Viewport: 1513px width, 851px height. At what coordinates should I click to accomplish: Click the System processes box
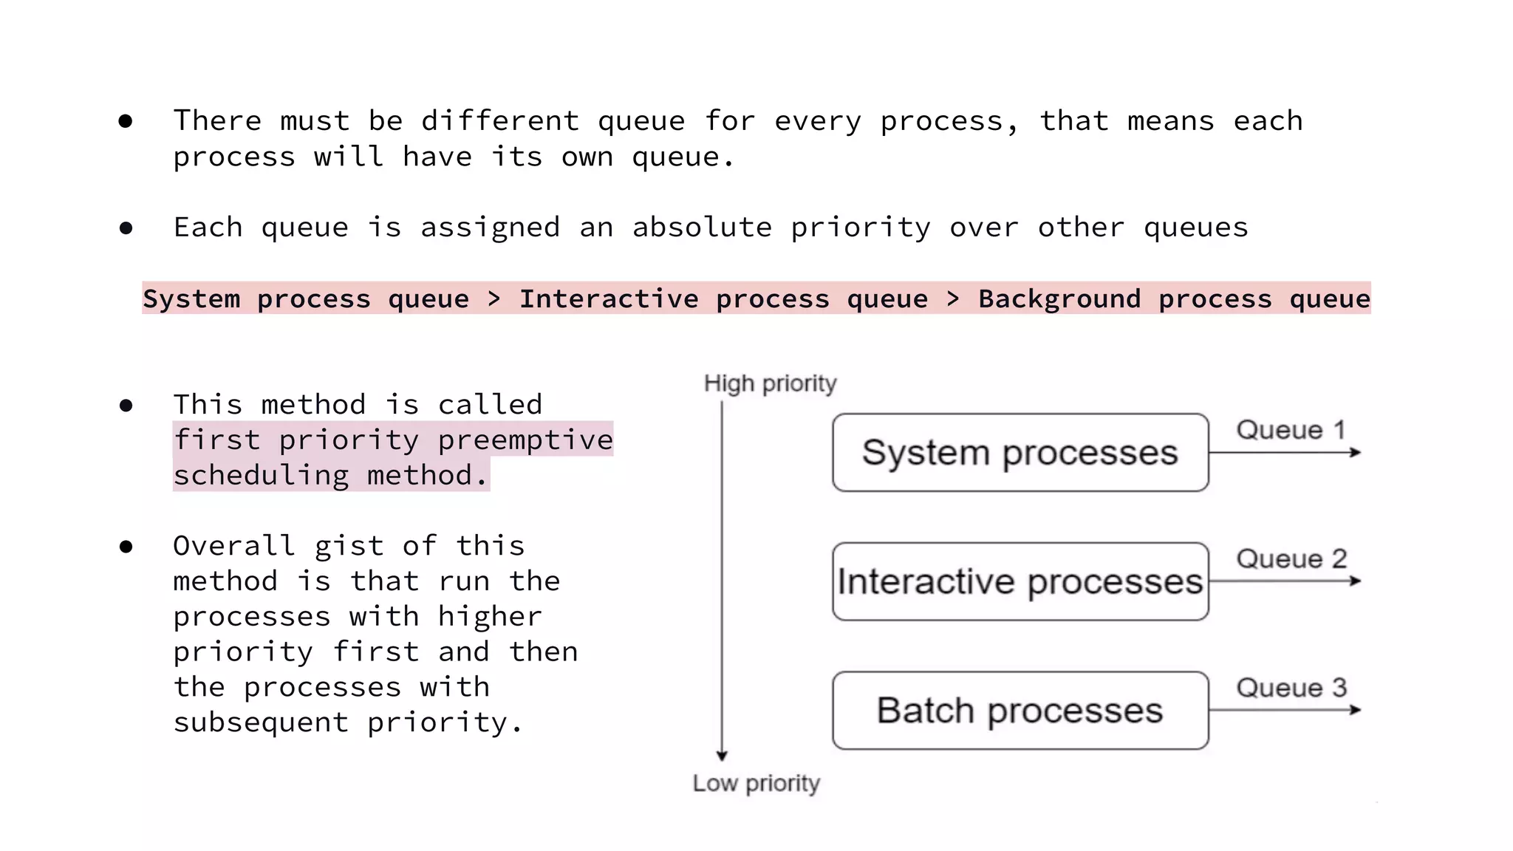1020,452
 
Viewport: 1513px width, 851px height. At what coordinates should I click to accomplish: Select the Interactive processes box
1020,581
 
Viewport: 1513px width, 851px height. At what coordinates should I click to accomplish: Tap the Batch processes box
1020,710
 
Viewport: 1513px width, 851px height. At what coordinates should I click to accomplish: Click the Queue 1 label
1291,429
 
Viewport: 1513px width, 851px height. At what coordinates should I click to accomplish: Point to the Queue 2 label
1291,558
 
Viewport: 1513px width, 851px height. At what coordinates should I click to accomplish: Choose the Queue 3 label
1291,688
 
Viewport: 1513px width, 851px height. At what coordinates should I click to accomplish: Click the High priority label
770,383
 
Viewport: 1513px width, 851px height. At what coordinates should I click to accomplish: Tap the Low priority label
756,783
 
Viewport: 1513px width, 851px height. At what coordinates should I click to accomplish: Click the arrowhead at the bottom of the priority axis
722,755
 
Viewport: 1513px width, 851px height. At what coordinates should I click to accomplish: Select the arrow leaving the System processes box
1285,452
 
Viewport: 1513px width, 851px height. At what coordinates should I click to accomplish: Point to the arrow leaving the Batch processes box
1285,710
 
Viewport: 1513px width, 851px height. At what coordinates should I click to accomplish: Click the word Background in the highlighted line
1059,298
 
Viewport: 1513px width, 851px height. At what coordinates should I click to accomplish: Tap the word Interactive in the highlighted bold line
609,298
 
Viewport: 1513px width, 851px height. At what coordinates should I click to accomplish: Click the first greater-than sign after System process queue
494,298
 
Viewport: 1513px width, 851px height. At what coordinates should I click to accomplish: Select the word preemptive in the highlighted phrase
525,440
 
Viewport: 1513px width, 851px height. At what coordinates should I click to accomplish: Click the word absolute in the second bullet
702,227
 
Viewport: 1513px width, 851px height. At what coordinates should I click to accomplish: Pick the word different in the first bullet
500,120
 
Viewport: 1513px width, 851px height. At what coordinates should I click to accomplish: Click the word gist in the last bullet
349,546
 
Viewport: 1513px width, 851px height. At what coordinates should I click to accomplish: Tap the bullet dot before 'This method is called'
126,406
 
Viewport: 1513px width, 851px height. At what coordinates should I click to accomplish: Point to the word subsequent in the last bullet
261,722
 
